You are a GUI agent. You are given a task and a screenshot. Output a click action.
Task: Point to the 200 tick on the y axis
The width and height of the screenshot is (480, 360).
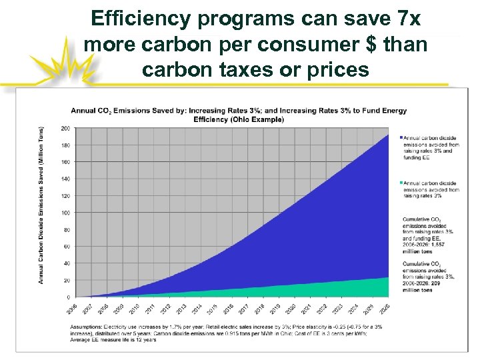pyautogui.click(x=65, y=128)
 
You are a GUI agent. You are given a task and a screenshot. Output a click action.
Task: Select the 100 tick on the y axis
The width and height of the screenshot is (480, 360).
pyautogui.click(x=65, y=213)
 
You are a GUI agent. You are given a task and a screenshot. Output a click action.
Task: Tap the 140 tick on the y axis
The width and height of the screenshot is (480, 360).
pyautogui.click(x=65, y=179)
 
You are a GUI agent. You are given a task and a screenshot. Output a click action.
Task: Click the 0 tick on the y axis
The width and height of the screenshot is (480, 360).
pyautogui.click(x=67, y=297)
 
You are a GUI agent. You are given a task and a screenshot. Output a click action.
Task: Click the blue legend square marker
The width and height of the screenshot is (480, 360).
pyautogui.click(x=401, y=137)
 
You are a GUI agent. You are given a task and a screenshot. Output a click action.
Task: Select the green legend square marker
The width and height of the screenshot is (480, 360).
pyautogui.click(x=401, y=182)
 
